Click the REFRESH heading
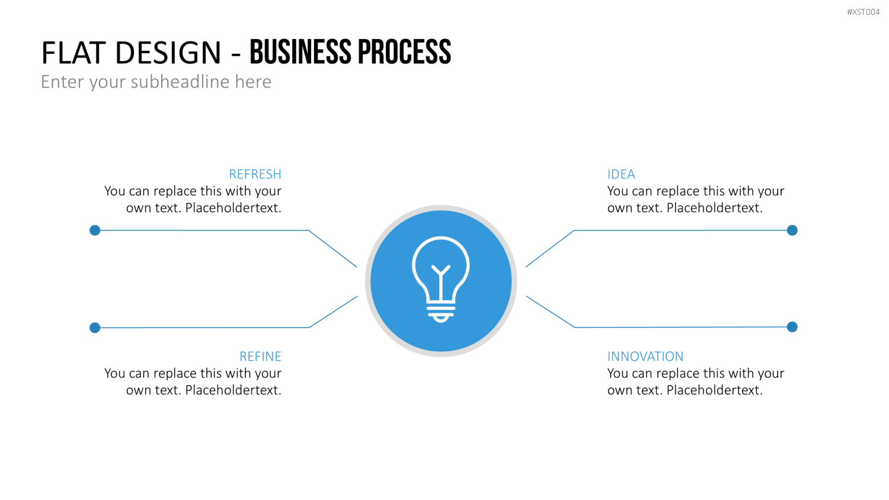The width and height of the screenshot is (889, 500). pos(255,174)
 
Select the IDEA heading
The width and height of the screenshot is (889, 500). pos(621,174)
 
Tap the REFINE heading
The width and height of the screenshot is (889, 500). pos(260,357)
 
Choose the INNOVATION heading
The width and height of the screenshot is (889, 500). pos(645,357)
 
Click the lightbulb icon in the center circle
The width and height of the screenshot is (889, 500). pos(441,280)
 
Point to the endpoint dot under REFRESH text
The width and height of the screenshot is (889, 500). pos(95,230)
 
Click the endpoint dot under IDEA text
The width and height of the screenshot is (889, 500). pos(792,230)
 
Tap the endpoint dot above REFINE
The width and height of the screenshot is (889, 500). pos(95,328)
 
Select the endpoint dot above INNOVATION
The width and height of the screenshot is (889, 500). pos(792,327)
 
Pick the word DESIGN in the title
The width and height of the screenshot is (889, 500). pos(168,53)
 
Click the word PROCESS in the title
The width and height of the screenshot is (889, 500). pos(404,52)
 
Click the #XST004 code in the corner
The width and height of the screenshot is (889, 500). pos(863,12)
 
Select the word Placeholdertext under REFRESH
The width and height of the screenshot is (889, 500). pos(234,208)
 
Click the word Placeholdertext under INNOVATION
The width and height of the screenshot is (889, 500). pos(715,390)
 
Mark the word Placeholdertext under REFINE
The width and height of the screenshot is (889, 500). pos(234,390)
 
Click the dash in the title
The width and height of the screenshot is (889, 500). pos(236,55)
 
